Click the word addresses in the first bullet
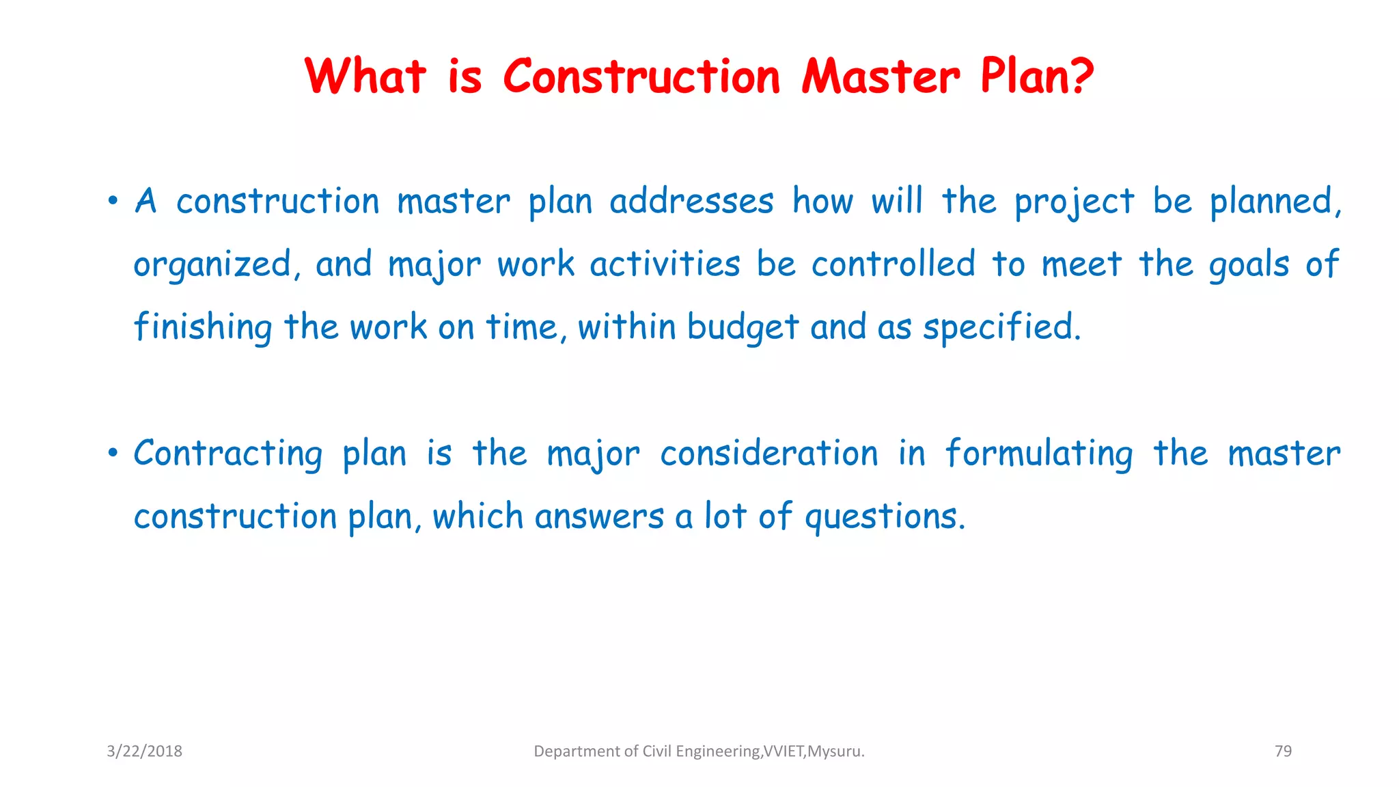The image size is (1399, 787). point(691,202)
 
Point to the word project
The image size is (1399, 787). point(1074,203)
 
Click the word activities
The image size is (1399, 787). point(665,264)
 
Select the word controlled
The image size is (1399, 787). point(893,264)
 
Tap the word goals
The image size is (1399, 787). point(1249,266)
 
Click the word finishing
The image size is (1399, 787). point(203,327)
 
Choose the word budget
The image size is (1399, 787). point(743,327)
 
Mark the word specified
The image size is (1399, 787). point(1001,327)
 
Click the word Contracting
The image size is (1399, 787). point(228,454)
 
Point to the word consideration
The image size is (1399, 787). point(769,454)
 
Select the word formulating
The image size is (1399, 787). point(1039,454)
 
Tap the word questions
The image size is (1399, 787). point(885,517)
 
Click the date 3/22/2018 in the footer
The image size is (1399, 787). point(144,751)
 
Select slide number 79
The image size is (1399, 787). point(1283,751)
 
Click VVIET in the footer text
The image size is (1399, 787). point(784,751)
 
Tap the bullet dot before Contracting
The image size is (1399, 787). point(113,454)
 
